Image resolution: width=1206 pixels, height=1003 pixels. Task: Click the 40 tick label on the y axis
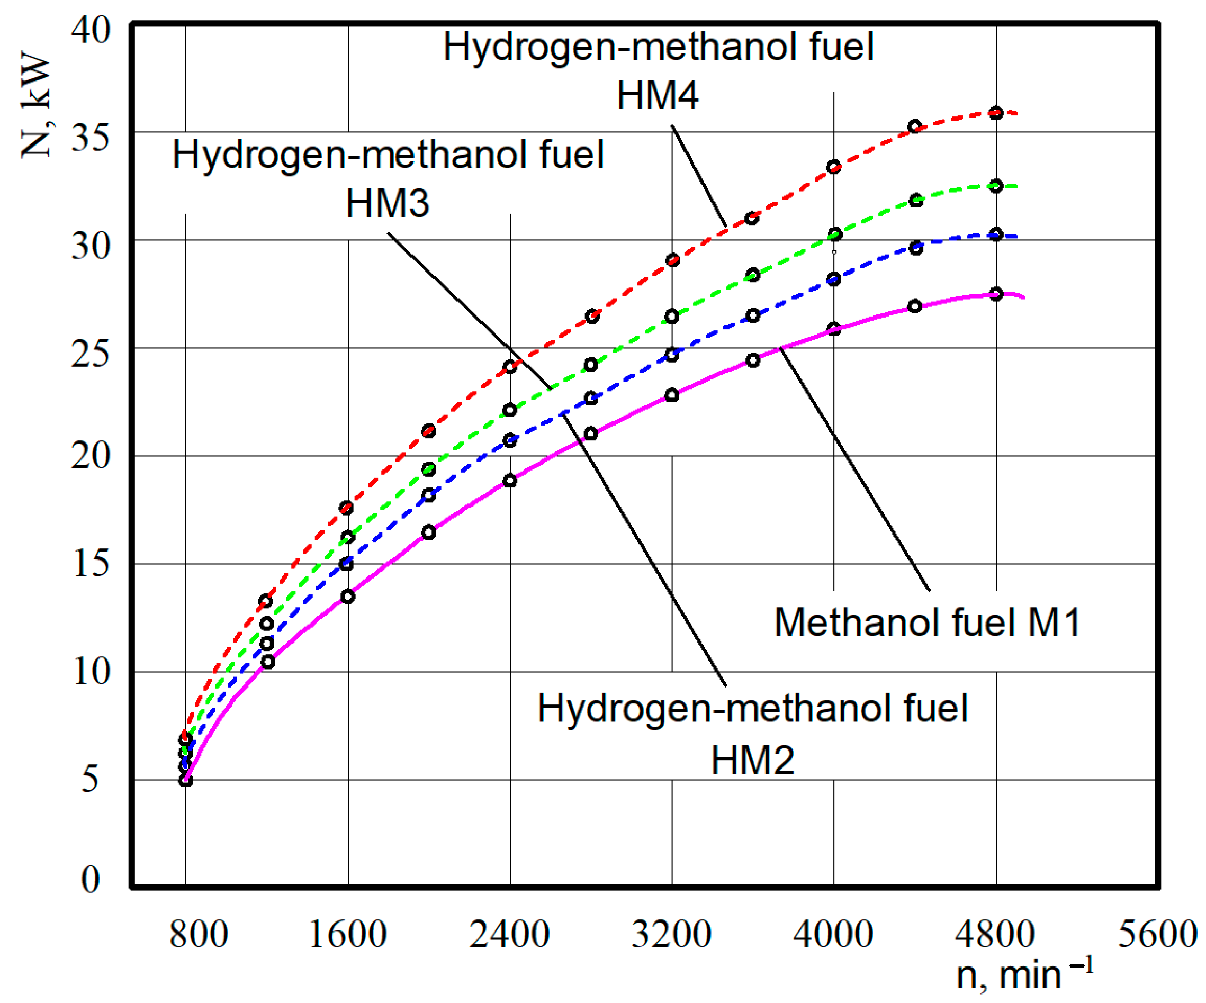(x=90, y=29)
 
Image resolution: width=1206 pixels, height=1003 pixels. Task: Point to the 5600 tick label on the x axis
(x=1157, y=934)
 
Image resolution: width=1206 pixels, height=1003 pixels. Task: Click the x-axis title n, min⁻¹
(x=1024, y=974)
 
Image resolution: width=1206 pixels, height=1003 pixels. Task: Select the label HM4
(x=658, y=95)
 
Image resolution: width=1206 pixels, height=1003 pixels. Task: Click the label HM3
(x=388, y=203)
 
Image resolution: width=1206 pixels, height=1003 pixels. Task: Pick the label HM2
(x=752, y=761)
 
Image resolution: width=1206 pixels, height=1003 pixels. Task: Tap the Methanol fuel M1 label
(x=927, y=622)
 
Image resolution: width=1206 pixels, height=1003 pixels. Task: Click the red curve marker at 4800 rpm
(x=996, y=113)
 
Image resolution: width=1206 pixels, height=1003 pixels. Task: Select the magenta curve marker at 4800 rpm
(x=996, y=294)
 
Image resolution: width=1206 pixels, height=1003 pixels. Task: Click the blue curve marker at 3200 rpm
(x=672, y=355)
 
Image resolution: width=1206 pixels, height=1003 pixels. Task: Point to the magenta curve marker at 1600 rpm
(x=347, y=597)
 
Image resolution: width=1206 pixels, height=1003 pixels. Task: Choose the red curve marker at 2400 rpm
(x=510, y=366)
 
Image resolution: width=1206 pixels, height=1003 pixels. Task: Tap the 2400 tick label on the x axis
(x=509, y=934)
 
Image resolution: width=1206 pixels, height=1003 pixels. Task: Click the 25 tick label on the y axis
(x=90, y=354)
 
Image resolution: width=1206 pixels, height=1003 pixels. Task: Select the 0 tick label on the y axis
(x=90, y=879)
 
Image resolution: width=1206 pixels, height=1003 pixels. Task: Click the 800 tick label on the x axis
(x=198, y=934)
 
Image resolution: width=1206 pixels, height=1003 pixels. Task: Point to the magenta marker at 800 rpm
(x=185, y=780)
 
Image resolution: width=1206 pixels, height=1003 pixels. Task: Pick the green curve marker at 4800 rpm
(x=996, y=186)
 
